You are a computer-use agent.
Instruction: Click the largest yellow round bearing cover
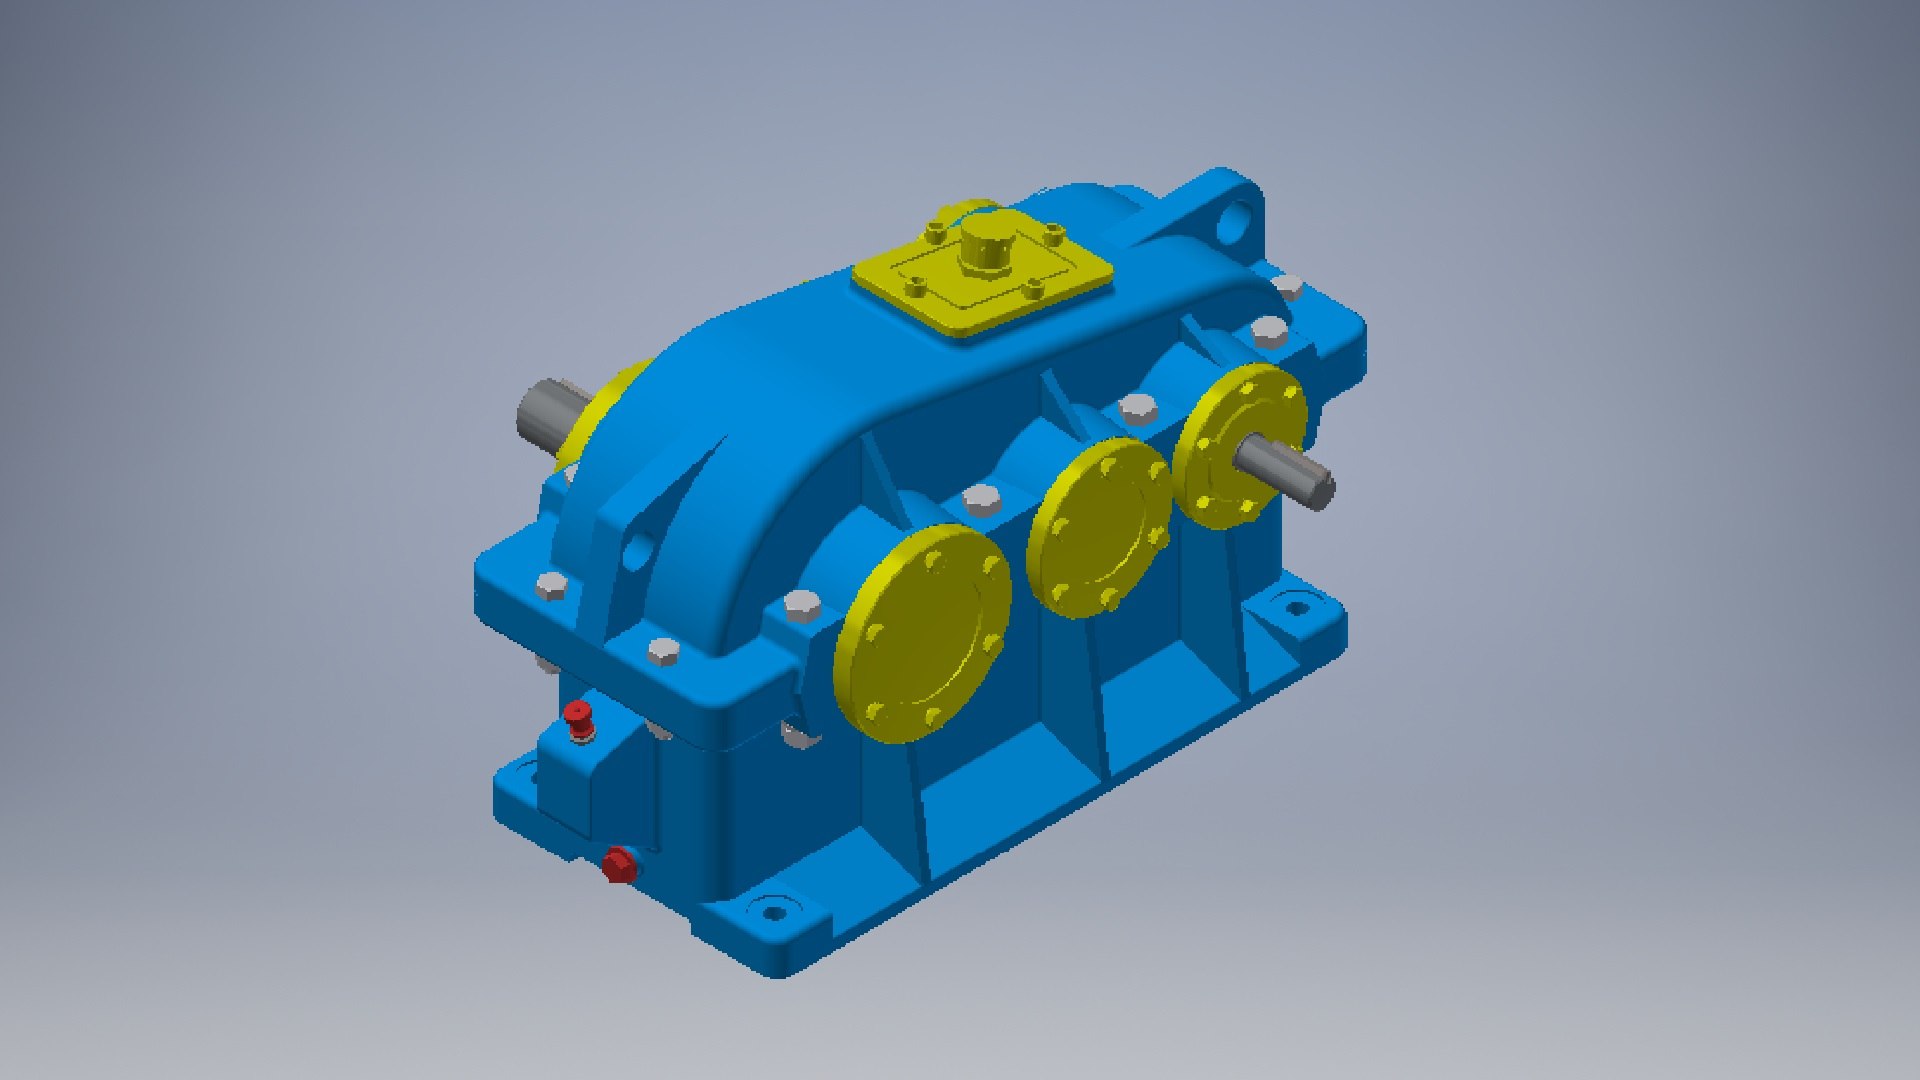[x=922, y=633]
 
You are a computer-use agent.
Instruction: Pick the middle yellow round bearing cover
[x=1098, y=527]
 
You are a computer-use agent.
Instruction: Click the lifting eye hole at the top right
[x=1237, y=219]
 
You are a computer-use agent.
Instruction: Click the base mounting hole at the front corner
[x=773, y=910]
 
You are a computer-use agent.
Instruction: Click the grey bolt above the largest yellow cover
[x=981, y=499]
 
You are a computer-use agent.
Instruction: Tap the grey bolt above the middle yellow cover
[x=1137, y=407]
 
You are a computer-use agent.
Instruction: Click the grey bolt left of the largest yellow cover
[x=801, y=605]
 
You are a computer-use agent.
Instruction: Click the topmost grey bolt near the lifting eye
[x=1288, y=288]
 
